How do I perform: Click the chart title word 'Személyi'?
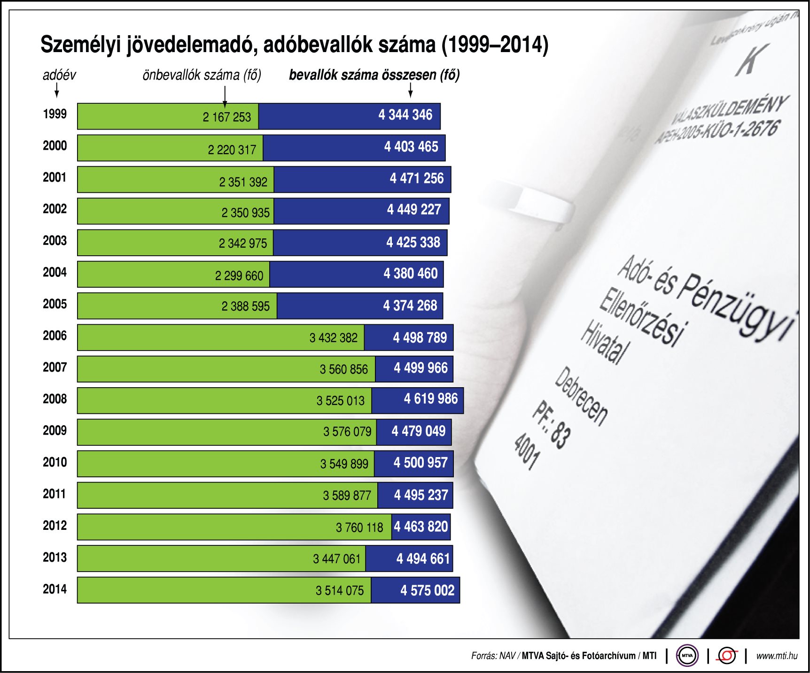coord(80,45)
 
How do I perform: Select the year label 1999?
coord(55,114)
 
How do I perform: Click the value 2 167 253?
coord(226,117)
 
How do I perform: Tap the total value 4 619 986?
coord(430,399)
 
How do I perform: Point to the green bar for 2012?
coord(207,527)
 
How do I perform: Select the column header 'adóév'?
coord(59,75)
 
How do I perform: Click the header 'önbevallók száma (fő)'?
coord(202,75)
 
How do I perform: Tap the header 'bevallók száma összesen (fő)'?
coord(374,75)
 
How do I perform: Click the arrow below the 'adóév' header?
coord(57,90)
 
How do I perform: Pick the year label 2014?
coord(55,589)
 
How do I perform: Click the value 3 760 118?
coord(359,528)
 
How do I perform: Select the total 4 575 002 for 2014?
coord(427,590)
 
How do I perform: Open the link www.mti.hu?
coord(776,656)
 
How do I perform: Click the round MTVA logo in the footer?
coord(687,656)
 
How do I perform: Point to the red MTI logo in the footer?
coord(726,656)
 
